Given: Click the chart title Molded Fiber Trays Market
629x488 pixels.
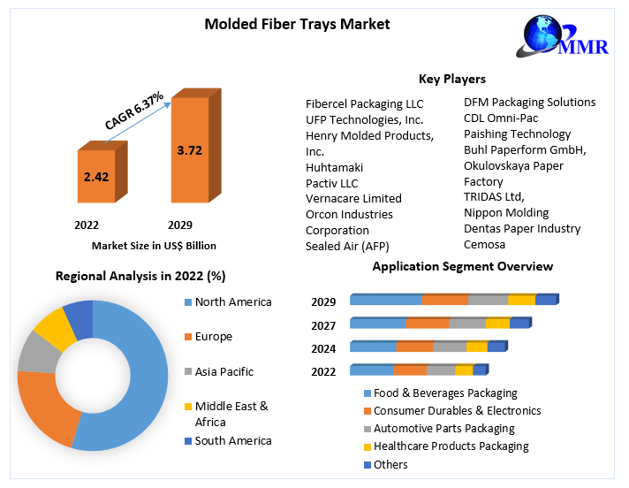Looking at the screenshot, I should point(297,24).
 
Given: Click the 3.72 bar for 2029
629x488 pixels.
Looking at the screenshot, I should point(189,150).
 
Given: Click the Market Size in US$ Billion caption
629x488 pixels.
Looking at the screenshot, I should point(154,246).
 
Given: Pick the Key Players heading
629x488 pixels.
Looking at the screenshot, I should point(451,79).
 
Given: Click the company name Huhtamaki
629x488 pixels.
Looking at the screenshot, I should point(334,167).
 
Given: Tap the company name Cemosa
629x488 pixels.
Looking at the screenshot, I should point(484,244).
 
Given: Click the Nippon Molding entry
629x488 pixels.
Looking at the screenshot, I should point(506,212).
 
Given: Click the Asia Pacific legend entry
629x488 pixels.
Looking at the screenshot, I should point(224,372).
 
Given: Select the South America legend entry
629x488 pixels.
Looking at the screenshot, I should point(233,441).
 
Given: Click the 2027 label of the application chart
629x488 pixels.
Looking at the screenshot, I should point(323,325).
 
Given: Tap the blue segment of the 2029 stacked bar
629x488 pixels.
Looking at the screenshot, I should point(386,301).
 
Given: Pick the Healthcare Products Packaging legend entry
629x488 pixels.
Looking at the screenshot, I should point(451,446).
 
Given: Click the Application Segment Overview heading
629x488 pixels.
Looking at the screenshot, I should point(462,266).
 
